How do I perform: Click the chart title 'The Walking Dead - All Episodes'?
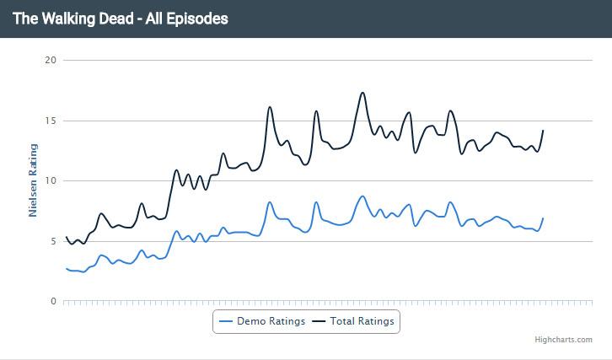point(120,18)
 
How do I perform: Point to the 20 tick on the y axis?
point(50,60)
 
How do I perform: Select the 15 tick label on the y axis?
point(50,121)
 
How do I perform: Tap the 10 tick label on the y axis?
point(50,180)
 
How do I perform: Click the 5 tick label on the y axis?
point(52,241)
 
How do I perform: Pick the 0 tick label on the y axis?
point(52,301)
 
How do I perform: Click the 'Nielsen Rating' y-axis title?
point(34,180)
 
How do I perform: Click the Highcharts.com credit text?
point(563,340)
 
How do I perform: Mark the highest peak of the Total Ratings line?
point(362,93)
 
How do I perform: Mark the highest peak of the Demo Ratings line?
point(362,196)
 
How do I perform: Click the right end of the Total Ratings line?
point(543,130)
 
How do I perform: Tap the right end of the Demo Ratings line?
point(543,218)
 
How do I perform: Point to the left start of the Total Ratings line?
point(66,237)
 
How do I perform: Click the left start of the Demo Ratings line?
point(66,268)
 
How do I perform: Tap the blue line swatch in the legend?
point(226,321)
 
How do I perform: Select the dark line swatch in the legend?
point(319,321)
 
